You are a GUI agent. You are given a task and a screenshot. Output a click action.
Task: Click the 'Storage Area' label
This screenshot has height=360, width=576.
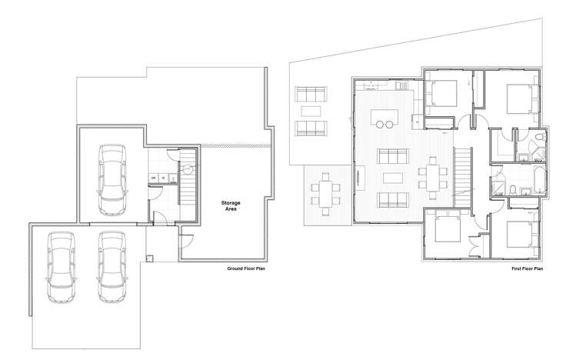231,205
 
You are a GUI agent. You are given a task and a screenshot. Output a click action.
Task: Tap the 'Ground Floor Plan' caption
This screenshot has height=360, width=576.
246,269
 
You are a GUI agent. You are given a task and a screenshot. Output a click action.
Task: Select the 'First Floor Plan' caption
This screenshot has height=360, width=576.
528,269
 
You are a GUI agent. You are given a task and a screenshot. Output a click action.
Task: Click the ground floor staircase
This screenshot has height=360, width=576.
188,177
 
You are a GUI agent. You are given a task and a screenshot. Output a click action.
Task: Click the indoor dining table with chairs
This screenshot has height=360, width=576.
431,176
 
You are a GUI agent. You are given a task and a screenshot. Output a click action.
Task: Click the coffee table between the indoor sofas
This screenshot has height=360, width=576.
391,178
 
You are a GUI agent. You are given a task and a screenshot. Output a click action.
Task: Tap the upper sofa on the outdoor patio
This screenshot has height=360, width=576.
311,96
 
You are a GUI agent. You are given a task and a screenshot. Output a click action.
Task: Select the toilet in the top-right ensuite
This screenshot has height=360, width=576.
541,138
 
